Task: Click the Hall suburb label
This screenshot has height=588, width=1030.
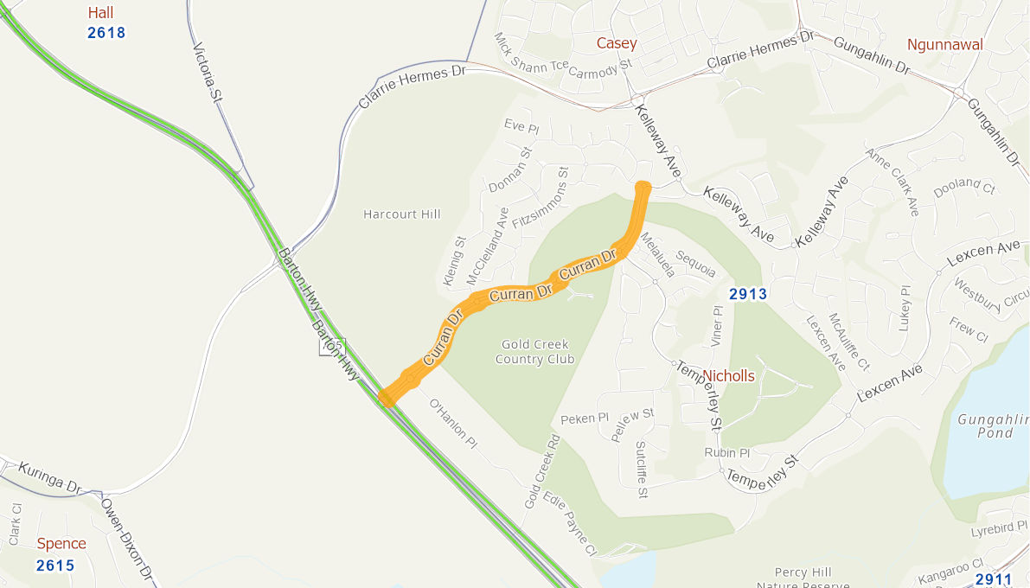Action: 100,13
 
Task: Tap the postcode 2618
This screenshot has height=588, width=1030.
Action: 106,34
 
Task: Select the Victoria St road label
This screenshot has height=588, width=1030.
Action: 208,73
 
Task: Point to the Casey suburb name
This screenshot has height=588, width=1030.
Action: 617,43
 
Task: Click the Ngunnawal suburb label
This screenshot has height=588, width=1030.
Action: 944,45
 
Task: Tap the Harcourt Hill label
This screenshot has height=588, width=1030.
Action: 402,214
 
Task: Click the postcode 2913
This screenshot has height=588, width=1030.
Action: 748,294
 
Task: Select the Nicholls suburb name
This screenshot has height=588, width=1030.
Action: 728,376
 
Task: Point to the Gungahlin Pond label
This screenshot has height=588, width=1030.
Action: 988,425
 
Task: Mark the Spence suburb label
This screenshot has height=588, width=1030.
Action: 61,544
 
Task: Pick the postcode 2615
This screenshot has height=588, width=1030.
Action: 55,566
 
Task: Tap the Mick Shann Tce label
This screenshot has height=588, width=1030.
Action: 530,53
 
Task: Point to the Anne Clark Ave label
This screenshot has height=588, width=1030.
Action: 892,182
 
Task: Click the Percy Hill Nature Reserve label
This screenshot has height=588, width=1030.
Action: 803,578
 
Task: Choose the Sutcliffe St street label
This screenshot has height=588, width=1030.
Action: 642,470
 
